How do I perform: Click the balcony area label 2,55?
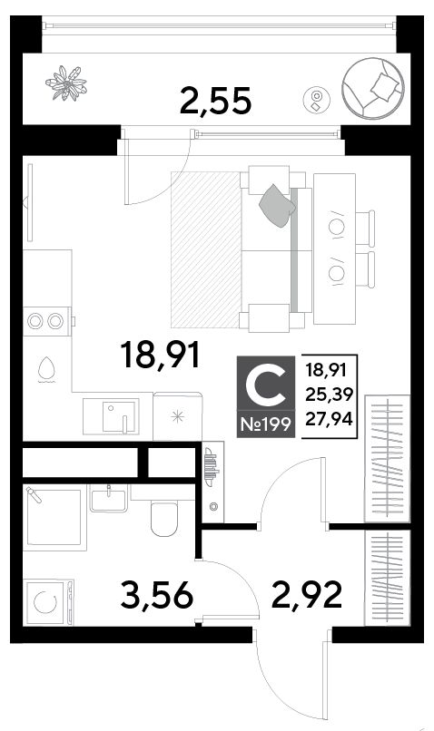215,102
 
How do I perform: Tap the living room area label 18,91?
160,356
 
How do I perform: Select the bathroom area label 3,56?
156,595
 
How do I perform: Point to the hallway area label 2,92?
307,595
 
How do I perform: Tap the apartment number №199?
265,424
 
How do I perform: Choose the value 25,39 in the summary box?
329,395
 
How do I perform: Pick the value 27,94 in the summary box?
329,420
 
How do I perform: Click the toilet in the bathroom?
163,519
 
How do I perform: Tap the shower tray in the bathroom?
54,518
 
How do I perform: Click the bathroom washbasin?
109,498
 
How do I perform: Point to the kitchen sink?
119,415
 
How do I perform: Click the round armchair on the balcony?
372,88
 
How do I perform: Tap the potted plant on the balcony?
65,83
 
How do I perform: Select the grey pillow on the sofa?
278,205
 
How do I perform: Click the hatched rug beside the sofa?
205,249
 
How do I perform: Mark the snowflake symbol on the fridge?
177,416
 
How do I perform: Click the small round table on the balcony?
316,100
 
